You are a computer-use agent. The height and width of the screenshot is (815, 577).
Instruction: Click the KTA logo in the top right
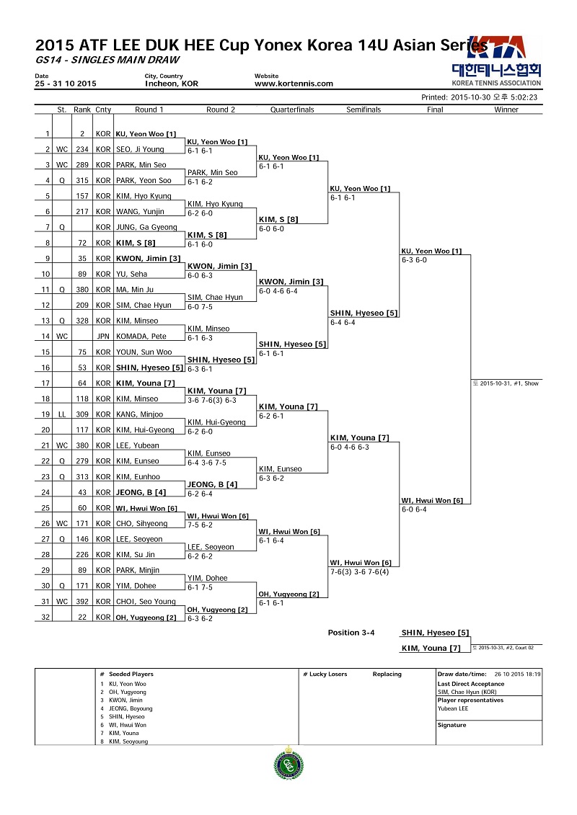click(496, 61)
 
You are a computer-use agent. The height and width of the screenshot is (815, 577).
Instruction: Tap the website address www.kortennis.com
click(294, 84)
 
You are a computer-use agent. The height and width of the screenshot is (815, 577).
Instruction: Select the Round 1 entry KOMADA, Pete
click(141, 337)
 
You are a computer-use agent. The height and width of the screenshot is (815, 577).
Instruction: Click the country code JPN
click(103, 337)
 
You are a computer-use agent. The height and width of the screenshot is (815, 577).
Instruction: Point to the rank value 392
click(82, 602)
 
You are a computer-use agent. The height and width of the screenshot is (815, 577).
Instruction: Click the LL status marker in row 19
click(62, 414)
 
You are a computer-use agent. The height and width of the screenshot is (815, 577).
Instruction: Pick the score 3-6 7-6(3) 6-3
click(212, 400)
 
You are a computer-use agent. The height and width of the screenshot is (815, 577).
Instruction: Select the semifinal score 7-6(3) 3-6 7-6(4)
click(359, 571)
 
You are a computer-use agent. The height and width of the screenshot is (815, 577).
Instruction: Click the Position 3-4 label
click(351, 633)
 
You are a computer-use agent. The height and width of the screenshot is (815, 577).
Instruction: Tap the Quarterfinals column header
click(292, 110)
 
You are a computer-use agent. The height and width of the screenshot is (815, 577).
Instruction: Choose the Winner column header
click(506, 110)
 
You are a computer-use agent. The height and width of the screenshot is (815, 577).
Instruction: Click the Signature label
click(452, 725)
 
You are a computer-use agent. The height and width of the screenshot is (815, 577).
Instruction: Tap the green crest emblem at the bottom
click(288, 763)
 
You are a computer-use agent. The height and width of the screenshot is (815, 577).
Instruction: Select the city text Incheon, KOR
click(172, 84)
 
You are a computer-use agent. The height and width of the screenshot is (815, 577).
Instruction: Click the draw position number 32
click(45, 617)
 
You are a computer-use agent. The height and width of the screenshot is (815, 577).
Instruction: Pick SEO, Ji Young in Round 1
click(140, 149)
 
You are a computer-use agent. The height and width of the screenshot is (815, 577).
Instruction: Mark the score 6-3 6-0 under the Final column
click(414, 260)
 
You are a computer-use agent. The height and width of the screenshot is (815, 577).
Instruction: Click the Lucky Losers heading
click(325, 674)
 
